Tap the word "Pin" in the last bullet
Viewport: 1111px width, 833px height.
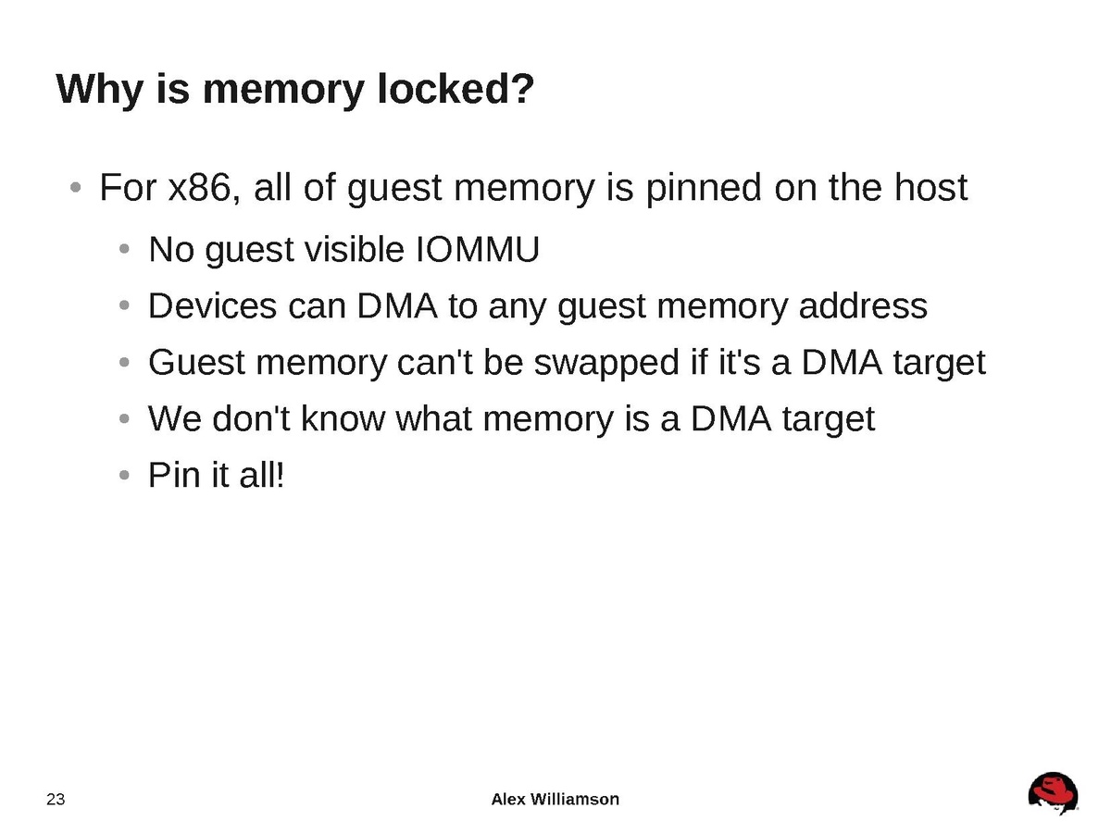[170, 477]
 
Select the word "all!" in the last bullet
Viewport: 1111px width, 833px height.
[259, 477]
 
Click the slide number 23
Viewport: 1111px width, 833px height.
[56, 800]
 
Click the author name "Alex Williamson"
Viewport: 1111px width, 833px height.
[555, 799]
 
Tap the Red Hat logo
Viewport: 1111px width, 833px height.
[1053, 794]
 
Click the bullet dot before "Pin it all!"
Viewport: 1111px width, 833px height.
[125, 478]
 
